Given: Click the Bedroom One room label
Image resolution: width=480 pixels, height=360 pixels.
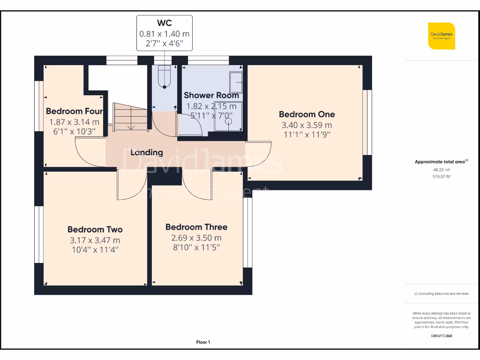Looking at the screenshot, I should coord(307,114).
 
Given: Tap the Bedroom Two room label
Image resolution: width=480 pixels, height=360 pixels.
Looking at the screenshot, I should coord(95,229).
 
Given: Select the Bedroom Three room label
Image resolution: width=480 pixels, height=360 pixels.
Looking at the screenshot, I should coord(196,227).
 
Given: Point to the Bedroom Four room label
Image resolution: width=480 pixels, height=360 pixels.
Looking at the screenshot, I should coord(74,111).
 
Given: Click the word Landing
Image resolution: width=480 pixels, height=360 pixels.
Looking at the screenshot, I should coord(147,152).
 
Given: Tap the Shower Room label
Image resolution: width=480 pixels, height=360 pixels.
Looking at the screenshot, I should coord(211,95).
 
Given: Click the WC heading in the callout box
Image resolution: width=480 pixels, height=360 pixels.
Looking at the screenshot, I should coord(165,23).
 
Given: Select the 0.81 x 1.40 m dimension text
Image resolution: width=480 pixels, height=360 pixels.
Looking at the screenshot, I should coord(165,34).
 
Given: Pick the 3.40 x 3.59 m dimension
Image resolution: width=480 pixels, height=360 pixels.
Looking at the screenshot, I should coord(307,125).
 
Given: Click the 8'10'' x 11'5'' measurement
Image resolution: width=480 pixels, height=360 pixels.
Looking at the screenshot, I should coord(196,247).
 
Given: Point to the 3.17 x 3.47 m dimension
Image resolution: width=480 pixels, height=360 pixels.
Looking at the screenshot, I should coord(95,240).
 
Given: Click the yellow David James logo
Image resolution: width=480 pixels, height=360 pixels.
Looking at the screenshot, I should coord(442,36).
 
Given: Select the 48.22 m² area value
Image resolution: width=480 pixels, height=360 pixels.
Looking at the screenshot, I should coord(441,170).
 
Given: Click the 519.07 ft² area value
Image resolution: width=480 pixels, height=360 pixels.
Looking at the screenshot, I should coord(441,177).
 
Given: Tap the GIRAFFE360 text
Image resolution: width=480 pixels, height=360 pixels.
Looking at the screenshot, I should coord(441,336).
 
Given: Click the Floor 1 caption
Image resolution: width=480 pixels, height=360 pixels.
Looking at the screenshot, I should coord(203,342).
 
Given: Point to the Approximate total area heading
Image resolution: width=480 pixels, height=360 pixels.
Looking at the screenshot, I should coord(441,162).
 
